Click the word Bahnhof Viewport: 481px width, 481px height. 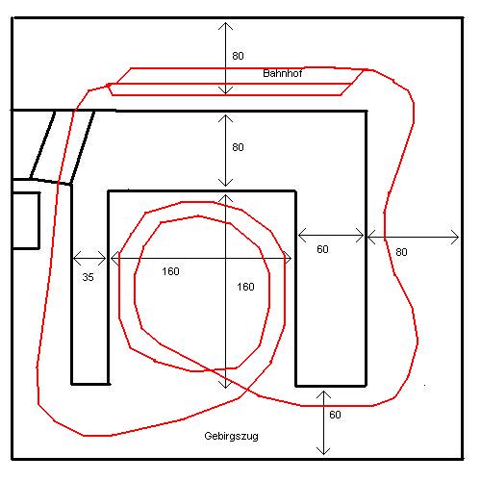282,73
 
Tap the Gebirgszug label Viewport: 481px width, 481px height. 231,437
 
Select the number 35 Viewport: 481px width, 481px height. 88,277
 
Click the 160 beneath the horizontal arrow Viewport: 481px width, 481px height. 170,271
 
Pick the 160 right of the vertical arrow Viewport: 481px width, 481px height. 245,287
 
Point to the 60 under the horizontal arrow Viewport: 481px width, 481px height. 322,249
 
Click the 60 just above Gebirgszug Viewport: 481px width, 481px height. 335,415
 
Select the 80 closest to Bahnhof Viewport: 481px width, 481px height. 238,56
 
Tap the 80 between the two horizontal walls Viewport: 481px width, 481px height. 238,147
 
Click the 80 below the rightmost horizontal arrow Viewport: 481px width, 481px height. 401,252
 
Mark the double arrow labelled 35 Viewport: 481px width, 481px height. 89,258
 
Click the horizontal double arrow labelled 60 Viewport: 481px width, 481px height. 331,236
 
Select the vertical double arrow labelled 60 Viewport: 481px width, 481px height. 323,422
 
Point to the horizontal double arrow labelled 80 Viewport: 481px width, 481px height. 413,238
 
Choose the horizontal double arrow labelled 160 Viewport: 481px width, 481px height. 201,258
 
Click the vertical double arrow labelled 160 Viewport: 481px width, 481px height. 226,291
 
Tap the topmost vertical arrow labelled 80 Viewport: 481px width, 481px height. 226,59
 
